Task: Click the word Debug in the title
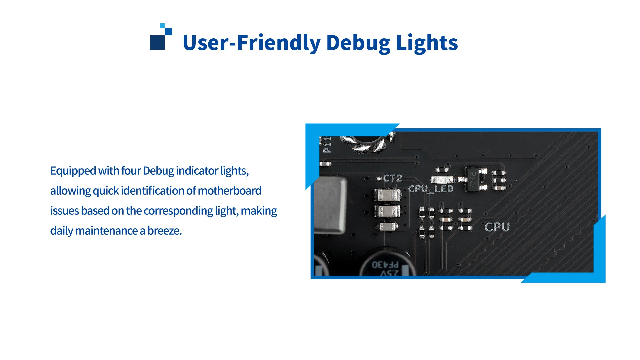click(358, 43)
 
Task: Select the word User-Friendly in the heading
click(251, 43)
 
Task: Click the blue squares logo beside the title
click(161, 37)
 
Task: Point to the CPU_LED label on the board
click(431, 189)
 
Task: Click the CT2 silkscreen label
click(392, 178)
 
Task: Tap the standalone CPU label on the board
click(497, 227)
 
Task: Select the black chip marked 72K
click(473, 180)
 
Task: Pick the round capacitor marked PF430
click(387, 265)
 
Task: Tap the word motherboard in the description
click(229, 191)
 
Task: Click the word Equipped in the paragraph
click(73, 171)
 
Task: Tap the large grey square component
click(330, 205)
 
